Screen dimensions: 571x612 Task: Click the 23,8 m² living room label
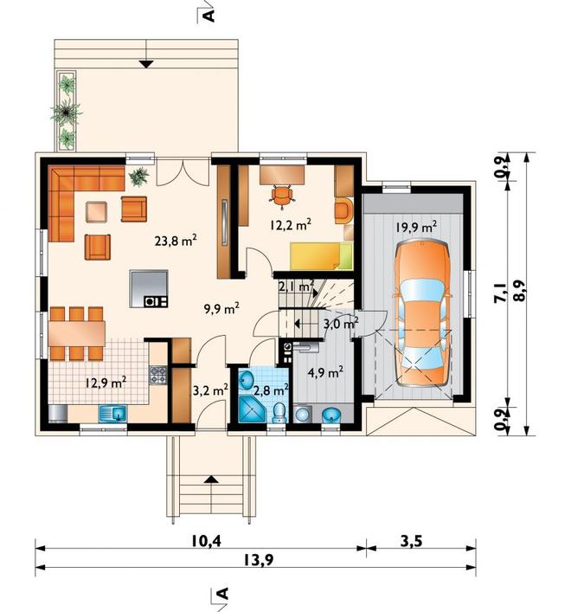(x=175, y=241)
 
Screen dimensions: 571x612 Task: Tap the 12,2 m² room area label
(x=291, y=224)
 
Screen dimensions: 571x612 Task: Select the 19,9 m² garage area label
(x=416, y=227)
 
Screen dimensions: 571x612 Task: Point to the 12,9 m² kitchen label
(x=106, y=382)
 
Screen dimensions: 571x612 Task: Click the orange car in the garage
(x=422, y=313)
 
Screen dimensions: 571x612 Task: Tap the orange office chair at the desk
(x=281, y=195)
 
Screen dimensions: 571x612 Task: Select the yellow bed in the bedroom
(x=321, y=255)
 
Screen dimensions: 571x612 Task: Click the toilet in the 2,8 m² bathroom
(x=279, y=413)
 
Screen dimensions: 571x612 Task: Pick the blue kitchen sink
(x=112, y=413)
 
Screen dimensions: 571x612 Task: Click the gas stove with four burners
(x=158, y=375)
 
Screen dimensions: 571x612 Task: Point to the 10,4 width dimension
(x=206, y=541)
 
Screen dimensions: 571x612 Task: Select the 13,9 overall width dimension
(x=259, y=560)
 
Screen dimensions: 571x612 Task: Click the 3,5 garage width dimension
(x=411, y=541)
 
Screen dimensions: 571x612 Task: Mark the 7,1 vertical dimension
(x=501, y=293)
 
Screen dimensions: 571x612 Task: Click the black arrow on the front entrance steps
(x=211, y=479)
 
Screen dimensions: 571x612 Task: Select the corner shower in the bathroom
(x=252, y=409)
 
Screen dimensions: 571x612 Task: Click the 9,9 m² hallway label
(x=221, y=309)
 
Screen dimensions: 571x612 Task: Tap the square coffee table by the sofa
(x=96, y=211)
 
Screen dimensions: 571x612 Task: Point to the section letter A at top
(x=209, y=16)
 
